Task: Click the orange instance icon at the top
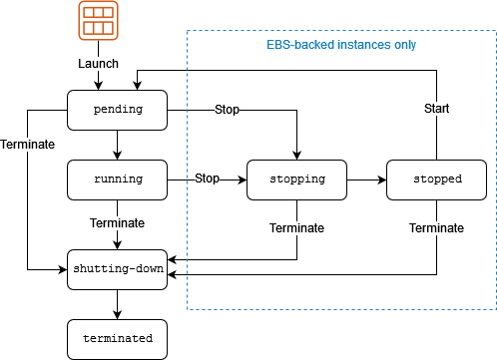click(98, 21)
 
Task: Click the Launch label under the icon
click(98, 63)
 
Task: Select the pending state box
click(117, 109)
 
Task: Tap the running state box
click(117, 180)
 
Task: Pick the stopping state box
click(296, 180)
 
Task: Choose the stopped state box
click(437, 180)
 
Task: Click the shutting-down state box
click(117, 269)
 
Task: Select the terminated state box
click(117, 339)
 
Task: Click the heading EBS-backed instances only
click(341, 46)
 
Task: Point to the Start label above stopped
click(437, 109)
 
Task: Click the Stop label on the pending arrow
click(227, 109)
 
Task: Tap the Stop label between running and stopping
click(207, 180)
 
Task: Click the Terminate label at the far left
click(28, 145)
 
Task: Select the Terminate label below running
click(117, 222)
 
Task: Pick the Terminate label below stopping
click(296, 228)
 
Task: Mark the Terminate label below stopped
click(437, 228)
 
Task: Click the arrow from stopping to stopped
click(366, 180)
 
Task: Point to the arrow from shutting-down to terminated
click(117, 304)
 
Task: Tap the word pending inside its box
click(117, 109)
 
